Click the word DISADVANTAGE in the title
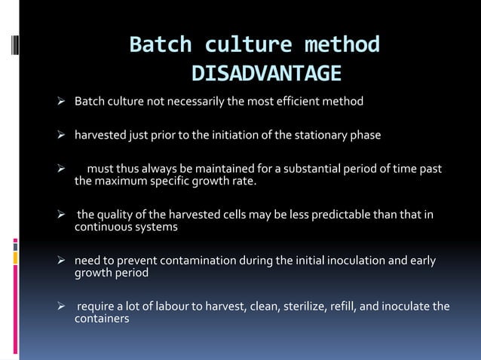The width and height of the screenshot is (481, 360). pos(265,74)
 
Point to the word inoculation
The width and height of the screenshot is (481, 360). pos(348,261)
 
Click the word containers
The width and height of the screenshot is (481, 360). pos(102,319)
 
